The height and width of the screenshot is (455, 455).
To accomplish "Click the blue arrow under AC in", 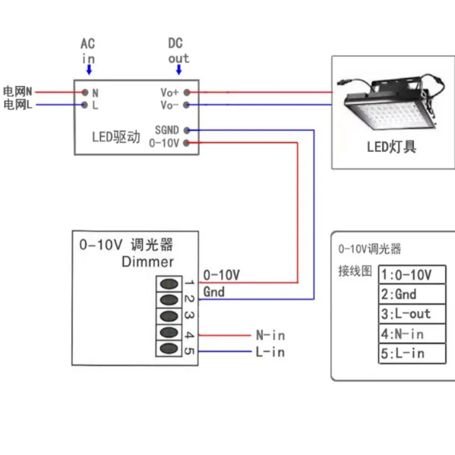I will [89, 69].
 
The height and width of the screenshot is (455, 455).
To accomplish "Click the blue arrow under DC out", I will [179, 69].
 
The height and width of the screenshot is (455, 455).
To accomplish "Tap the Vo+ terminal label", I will [169, 92].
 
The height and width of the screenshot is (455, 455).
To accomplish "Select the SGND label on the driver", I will [167, 130].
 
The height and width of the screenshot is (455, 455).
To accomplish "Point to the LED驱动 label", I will [116, 137].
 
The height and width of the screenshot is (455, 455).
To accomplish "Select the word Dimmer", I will [147, 262].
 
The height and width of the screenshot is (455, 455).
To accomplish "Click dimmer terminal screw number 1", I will [169, 283].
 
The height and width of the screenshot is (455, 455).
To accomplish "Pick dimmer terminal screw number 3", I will [169, 316].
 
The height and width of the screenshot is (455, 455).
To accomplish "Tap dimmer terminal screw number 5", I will [169, 348].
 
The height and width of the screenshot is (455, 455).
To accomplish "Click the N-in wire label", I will [270, 336].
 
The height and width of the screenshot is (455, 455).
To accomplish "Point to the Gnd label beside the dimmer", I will [214, 292].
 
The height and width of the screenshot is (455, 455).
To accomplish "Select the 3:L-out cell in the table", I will [412, 314].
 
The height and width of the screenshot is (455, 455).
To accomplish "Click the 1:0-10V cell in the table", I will [412, 275].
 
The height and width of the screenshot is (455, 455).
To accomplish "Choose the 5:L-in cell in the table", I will [412, 353].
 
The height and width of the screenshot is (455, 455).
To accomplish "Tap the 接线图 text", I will [355, 271].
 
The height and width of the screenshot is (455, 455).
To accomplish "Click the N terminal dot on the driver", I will [84, 92].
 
